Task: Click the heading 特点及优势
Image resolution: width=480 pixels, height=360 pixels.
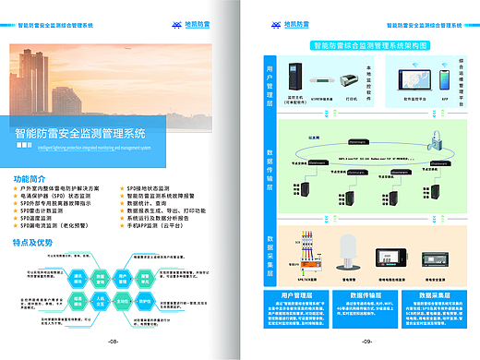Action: [x=34, y=242]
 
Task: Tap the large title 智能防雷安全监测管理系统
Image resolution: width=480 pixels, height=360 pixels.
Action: [x=89, y=132]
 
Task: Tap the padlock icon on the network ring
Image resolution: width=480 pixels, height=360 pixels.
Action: [x=434, y=139]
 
